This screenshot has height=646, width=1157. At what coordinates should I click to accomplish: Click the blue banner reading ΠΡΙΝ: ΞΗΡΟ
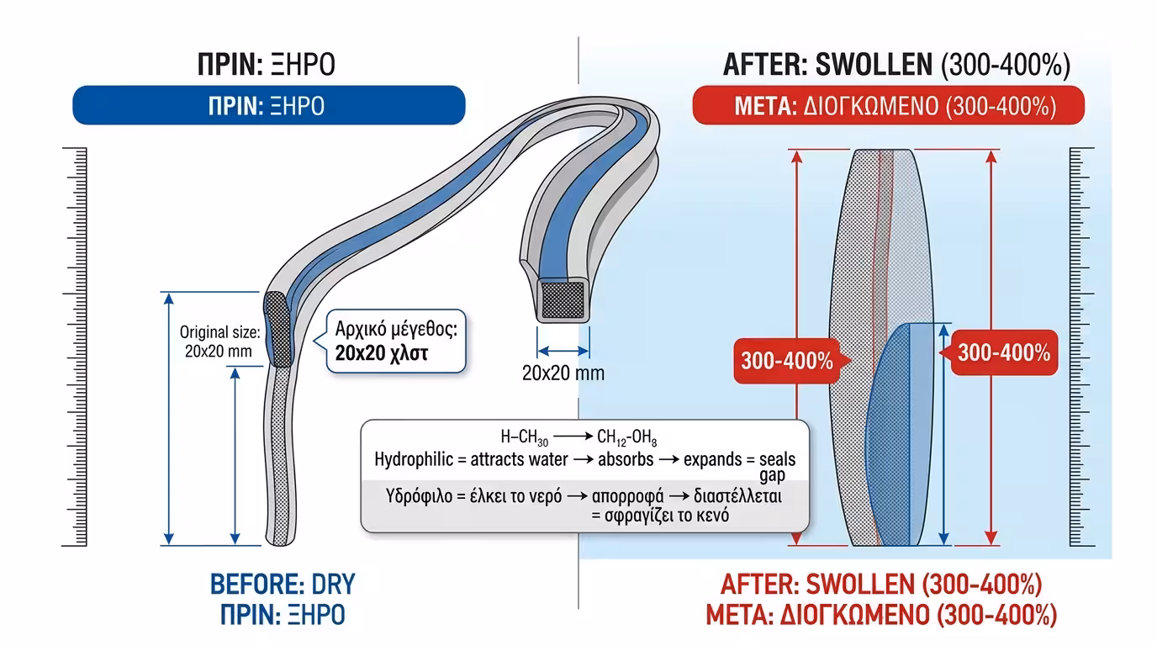(267, 106)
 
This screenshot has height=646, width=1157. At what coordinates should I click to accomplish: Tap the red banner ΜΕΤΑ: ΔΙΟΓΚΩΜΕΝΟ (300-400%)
(887, 106)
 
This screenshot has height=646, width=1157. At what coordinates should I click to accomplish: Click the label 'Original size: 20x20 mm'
(218, 342)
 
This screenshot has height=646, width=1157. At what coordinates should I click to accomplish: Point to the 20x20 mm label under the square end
(563, 373)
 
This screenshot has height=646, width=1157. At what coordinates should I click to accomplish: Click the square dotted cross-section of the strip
(563, 299)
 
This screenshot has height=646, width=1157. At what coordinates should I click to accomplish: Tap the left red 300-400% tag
(786, 360)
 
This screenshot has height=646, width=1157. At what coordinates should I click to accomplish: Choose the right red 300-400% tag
(1003, 352)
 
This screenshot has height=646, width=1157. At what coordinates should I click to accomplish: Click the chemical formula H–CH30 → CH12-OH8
(579, 437)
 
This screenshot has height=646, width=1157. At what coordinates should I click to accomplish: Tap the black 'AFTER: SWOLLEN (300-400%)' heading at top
(895, 65)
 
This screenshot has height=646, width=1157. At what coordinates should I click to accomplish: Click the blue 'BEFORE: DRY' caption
(283, 585)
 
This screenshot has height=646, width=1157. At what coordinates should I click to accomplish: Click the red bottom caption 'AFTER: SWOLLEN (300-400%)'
(881, 585)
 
